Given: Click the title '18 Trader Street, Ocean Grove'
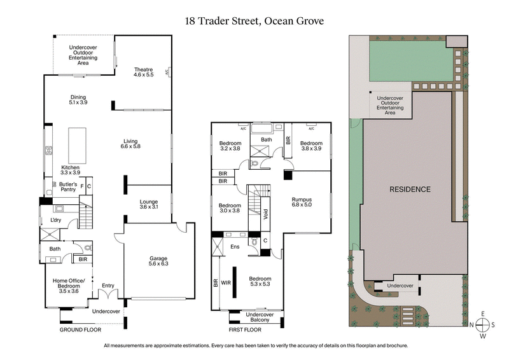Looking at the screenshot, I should point(254,21).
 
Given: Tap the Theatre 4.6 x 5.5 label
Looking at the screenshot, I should point(144,72).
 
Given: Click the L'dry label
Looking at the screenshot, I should point(54,221).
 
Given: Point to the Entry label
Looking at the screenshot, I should point(108,286).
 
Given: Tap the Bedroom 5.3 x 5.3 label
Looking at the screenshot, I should point(260,282).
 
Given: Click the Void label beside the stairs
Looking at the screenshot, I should point(266,216).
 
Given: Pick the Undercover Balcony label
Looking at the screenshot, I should point(259,317).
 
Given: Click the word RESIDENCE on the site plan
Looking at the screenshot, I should point(410,190).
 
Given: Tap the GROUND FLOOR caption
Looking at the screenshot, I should point(80,330).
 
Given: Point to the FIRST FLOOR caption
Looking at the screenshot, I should point(246,330).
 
